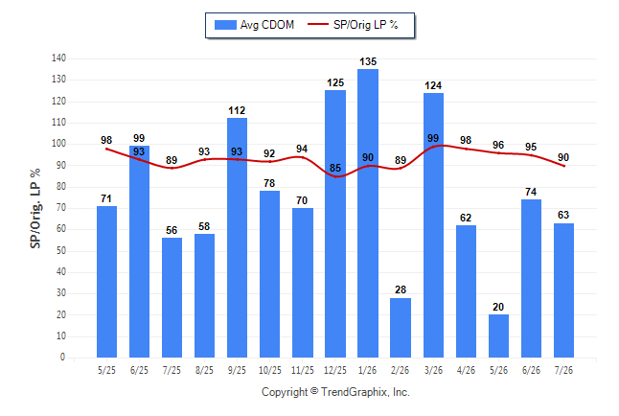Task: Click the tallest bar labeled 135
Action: [x=368, y=214]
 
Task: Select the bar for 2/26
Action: [x=401, y=328]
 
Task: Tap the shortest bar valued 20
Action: [x=498, y=336]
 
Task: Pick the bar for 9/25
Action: [x=237, y=238]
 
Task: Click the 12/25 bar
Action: [x=335, y=224]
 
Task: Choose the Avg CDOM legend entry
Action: [x=254, y=25]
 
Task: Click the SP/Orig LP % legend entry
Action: [x=353, y=25]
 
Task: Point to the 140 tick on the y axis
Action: [x=58, y=58]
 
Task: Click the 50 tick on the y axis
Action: [x=61, y=250]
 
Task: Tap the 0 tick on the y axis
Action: [x=63, y=358]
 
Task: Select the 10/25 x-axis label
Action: [x=270, y=370]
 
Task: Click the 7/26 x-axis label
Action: [x=563, y=370]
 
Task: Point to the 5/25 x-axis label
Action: [x=106, y=370]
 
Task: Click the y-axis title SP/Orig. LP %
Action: [x=35, y=208]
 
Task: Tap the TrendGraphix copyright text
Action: [x=335, y=392]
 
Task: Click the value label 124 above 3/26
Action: [x=433, y=85]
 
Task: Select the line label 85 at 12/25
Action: [x=335, y=168]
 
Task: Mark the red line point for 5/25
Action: [x=106, y=149]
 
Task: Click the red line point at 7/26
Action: [x=563, y=166]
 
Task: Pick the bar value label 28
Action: [x=401, y=289]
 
